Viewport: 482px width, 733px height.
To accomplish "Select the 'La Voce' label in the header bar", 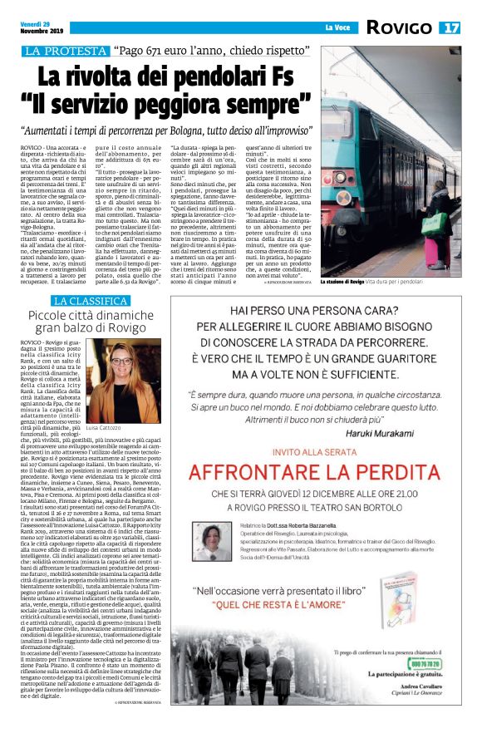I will tap(337, 27).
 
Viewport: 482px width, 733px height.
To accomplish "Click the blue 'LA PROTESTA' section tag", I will tap(59, 52).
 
